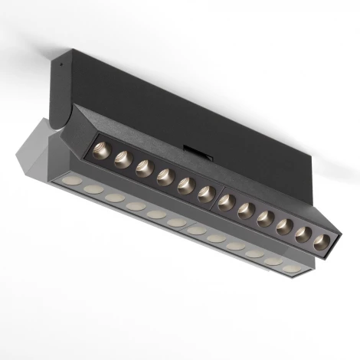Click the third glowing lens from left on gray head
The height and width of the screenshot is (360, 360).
(x=115, y=197)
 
